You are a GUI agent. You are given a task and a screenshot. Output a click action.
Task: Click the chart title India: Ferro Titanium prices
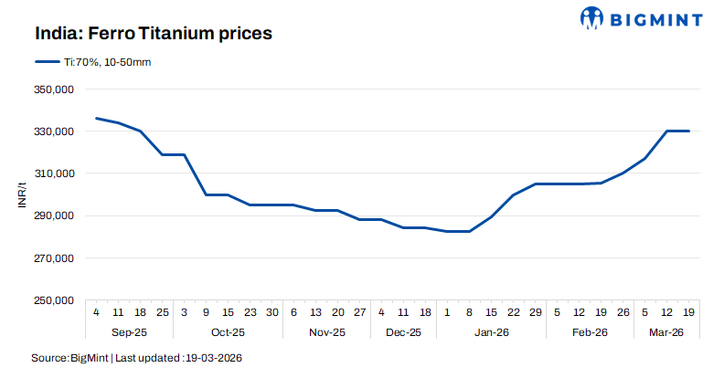click(x=154, y=34)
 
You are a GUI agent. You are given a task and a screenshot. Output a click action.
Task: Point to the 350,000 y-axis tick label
click(x=54, y=89)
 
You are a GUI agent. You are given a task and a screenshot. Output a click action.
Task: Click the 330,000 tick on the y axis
click(x=54, y=131)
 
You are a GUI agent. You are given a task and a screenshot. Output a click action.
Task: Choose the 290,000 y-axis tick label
click(x=54, y=216)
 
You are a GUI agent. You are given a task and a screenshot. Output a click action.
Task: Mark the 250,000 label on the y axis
click(x=54, y=300)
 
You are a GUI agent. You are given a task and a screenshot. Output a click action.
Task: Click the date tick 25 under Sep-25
click(x=163, y=311)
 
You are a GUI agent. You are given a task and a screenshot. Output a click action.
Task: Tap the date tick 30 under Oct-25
click(x=272, y=311)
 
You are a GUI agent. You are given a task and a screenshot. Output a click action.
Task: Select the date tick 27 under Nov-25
click(x=359, y=311)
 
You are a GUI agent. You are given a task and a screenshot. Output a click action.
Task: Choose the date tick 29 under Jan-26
click(x=536, y=311)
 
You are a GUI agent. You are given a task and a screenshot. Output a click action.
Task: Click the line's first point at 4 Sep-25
click(x=97, y=119)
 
